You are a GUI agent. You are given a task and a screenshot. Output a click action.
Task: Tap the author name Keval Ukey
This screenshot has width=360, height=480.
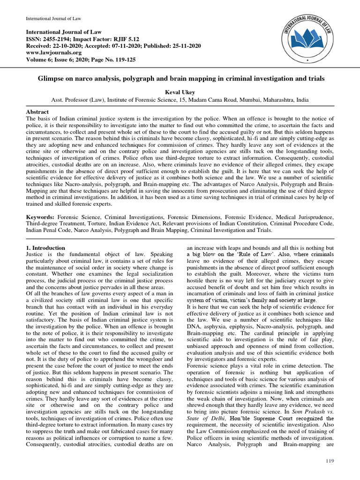(x=180, y=92)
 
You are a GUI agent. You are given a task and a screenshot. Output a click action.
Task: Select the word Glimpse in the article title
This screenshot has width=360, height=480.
(x=51, y=79)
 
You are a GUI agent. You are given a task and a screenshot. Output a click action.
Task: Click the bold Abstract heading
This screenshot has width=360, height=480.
(x=37, y=112)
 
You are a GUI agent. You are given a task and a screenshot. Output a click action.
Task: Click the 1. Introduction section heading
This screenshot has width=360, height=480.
(x=45, y=247)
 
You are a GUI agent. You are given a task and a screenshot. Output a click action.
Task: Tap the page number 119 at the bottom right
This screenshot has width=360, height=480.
(x=330, y=462)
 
